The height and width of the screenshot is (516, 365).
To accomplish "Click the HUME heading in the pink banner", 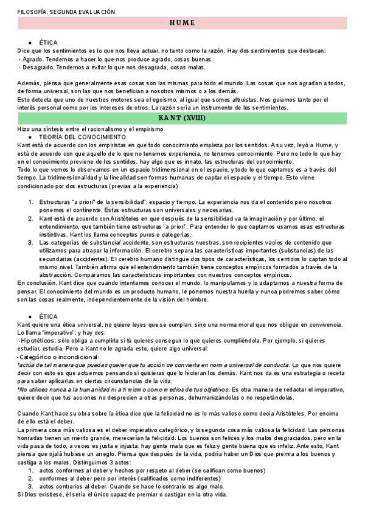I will click(182, 23).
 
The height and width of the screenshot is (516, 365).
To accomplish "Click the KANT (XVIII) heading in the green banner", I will click(182, 117).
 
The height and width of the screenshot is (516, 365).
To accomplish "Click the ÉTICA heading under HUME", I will click(48, 43).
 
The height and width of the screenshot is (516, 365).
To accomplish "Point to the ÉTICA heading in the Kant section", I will click(48, 316).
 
